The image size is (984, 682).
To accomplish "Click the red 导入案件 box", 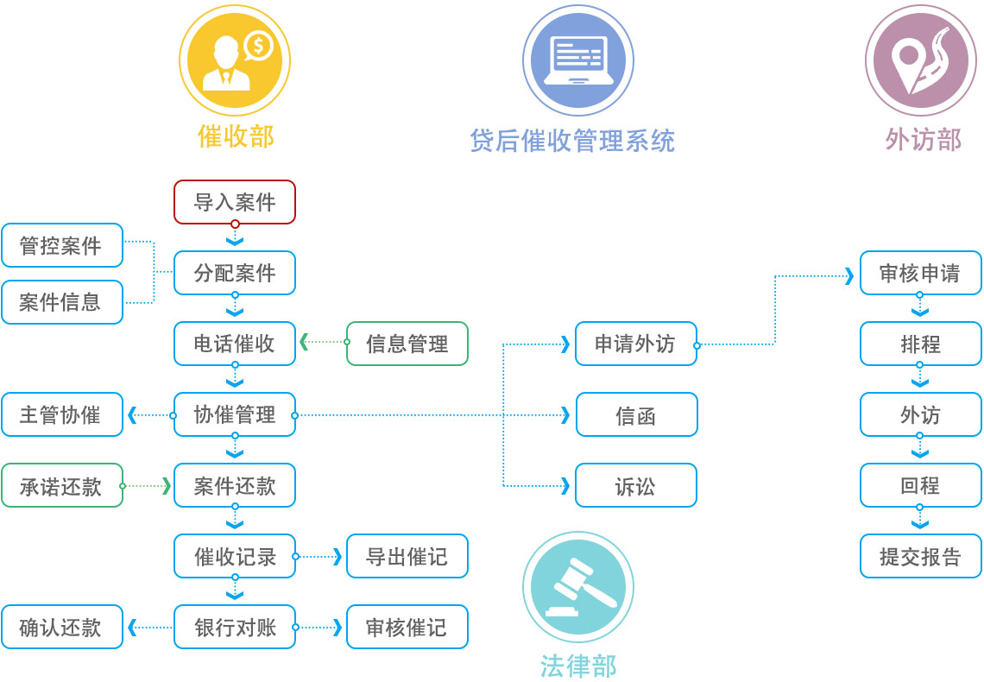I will tap(235, 202).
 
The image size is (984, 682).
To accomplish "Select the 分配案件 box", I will tap(235, 273).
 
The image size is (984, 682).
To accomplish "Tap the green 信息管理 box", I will tap(407, 344).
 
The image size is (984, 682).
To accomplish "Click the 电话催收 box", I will tap(235, 344).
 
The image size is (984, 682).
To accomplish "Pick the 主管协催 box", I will tap(62, 414).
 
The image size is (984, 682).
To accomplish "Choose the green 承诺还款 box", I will tap(62, 485).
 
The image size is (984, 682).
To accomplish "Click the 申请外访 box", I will tap(636, 344).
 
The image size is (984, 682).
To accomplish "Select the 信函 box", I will tap(636, 414).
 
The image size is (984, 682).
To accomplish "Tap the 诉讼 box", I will tap(636, 485).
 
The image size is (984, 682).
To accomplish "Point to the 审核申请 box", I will tap(920, 273).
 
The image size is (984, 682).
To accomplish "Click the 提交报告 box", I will tap(920, 556).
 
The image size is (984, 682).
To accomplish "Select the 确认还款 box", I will tap(62, 627).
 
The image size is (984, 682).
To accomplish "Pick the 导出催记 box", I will tap(407, 556).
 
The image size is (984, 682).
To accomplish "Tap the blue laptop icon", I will tap(578, 60).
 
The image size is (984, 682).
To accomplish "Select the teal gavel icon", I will tap(578, 587).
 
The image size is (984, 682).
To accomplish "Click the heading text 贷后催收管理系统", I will tap(572, 140).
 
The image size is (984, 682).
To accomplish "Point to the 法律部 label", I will tap(578, 666).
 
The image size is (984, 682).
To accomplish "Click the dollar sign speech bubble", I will tap(258, 45).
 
